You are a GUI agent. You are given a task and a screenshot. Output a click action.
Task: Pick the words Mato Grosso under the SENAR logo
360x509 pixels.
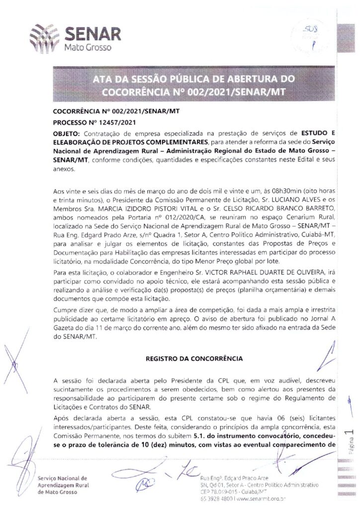pos(87,48)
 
